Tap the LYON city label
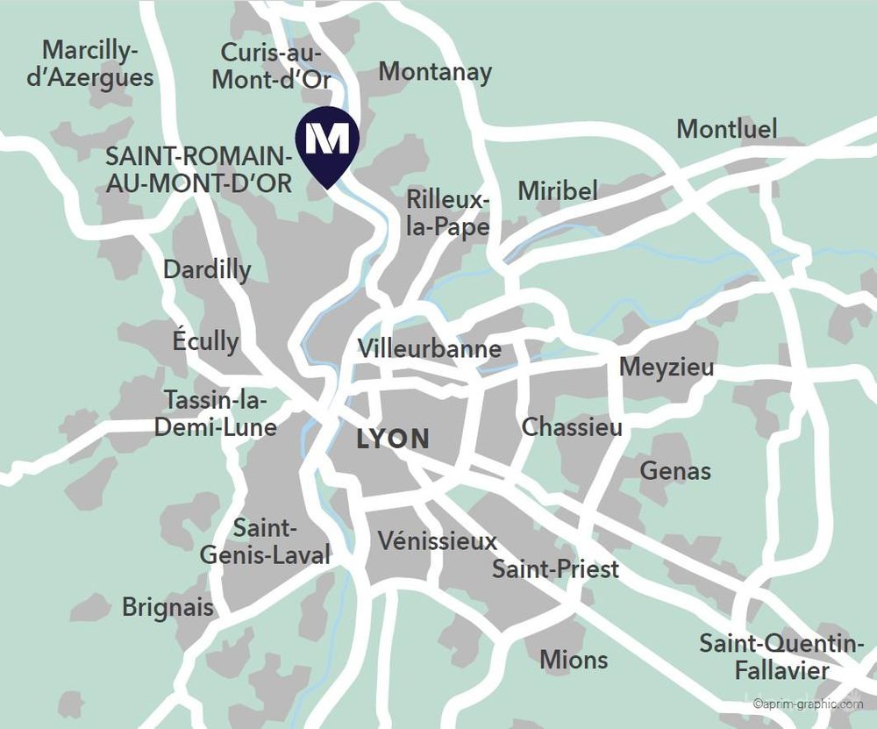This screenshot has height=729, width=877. click(x=393, y=439)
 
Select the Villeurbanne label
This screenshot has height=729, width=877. click(x=430, y=349)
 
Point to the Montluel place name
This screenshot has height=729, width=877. click(x=727, y=129)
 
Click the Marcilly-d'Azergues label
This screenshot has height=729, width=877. click(x=90, y=64)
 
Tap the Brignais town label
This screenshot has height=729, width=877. click(x=168, y=606)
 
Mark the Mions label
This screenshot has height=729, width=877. click(x=574, y=659)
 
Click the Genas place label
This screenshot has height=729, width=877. click(x=675, y=471)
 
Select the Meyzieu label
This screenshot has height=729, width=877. click(x=667, y=367)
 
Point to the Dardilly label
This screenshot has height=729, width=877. click(x=207, y=269)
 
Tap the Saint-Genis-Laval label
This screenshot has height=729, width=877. click(x=266, y=541)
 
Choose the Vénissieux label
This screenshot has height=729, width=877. click(x=438, y=540)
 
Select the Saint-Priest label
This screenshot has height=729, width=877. click(x=555, y=568)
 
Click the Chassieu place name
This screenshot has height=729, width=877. click(x=572, y=427)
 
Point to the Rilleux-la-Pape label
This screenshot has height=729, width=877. click(x=447, y=213)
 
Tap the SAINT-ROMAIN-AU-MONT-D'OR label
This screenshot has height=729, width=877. click(x=198, y=170)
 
